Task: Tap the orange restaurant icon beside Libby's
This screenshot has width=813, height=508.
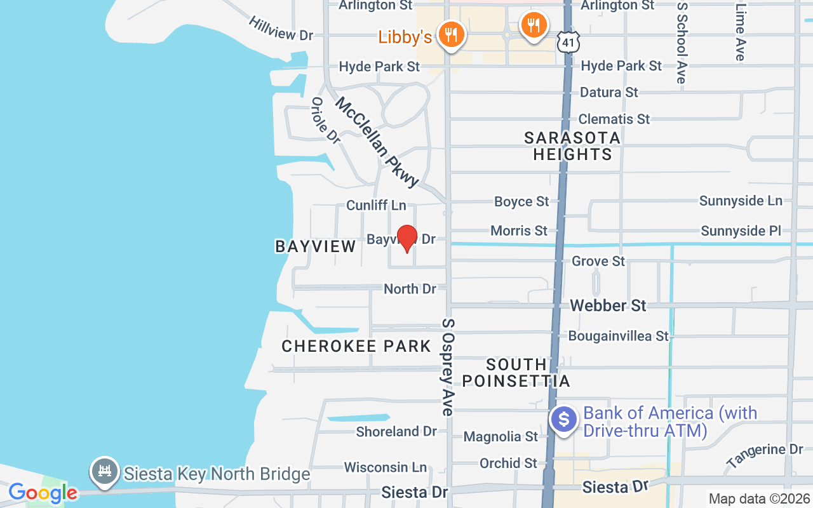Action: pos(452,34)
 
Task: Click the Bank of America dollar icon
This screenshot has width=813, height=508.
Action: pos(563,419)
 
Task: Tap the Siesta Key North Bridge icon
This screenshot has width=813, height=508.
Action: pos(105,471)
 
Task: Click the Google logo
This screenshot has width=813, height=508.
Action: pos(43,492)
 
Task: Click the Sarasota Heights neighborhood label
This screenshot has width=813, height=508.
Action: pos(572,146)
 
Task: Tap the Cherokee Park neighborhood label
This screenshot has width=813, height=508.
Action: pos(356,346)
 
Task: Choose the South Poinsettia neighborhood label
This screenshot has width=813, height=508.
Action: pos(516,373)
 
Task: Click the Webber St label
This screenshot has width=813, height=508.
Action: pos(608,305)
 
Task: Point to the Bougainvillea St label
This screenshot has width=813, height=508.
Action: pos(619,335)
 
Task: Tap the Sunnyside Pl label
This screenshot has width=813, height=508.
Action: pos(741,231)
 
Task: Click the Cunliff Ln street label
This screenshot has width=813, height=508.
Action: pos(376,205)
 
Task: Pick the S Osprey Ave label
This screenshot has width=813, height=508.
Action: pos(448,367)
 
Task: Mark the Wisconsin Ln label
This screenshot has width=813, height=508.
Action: pos(386,467)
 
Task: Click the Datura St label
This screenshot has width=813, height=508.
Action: pos(608,92)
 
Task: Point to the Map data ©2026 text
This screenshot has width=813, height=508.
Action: pos(759,498)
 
